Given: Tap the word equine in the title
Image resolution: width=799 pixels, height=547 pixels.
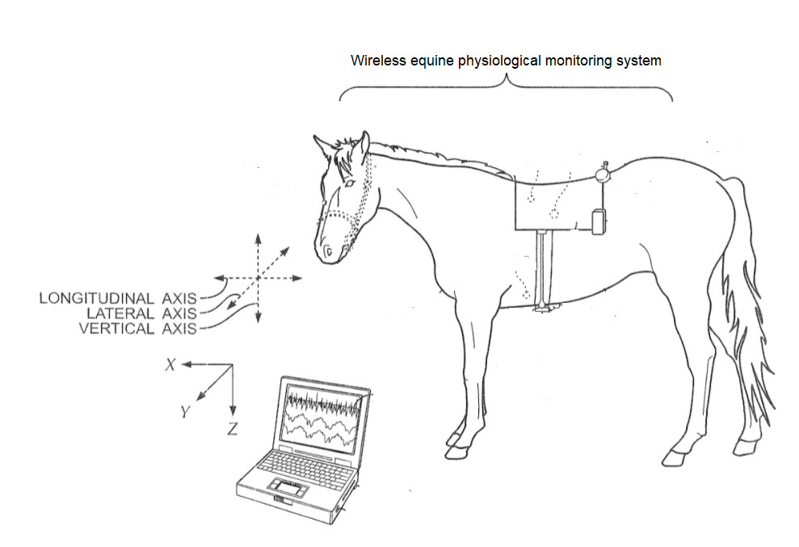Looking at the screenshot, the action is (x=432, y=61).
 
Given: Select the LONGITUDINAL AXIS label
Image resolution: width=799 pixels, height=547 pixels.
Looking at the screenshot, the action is (x=118, y=298).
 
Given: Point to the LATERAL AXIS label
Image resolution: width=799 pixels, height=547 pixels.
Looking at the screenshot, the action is (x=141, y=313).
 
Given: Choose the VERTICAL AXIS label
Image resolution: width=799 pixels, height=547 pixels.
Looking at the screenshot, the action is (x=137, y=328).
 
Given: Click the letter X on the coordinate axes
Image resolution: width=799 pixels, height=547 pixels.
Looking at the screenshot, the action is (x=170, y=364).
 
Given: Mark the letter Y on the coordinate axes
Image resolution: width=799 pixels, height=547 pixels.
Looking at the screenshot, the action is (x=185, y=411).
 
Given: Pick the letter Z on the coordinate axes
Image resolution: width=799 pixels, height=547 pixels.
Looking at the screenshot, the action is (x=233, y=429).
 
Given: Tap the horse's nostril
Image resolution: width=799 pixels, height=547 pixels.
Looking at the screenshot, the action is (x=329, y=250).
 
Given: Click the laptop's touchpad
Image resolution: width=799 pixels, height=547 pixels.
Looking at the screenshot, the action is (x=288, y=487).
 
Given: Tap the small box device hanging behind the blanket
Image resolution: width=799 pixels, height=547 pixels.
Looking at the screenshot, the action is (x=599, y=221).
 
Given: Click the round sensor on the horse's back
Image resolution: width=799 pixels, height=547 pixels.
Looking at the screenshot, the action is (x=603, y=175).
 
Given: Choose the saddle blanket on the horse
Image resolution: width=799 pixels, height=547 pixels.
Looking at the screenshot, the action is (x=556, y=203).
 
